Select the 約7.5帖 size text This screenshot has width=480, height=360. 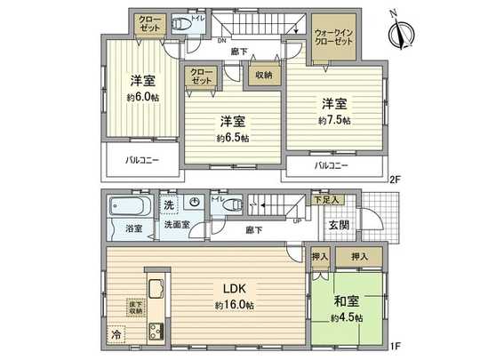click(334, 118)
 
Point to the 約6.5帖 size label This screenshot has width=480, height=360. click(232, 138)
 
